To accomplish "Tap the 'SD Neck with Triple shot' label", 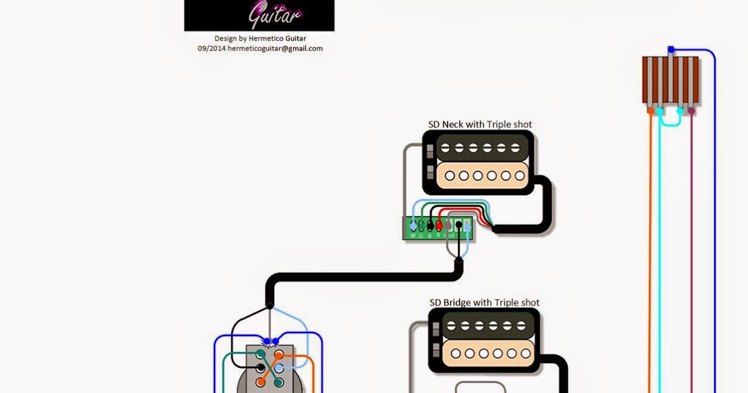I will [x=480, y=124].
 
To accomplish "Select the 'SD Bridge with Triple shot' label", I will [x=484, y=303].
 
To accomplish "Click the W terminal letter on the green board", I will [x=412, y=235].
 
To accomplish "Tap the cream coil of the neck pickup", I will [x=479, y=176].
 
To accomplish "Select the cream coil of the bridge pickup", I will [x=485, y=354].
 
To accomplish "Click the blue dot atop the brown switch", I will [x=671, y=49].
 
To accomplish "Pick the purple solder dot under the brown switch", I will [x=691, y=111].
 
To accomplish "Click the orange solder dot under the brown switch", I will [x=650, y=111].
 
